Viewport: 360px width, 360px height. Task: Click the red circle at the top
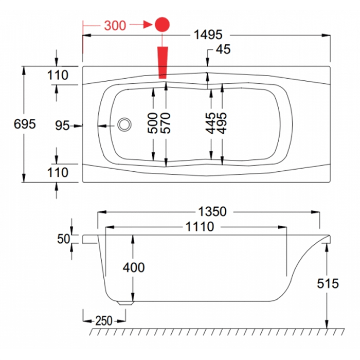pos(163,24)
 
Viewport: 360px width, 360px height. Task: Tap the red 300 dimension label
pos(115,25)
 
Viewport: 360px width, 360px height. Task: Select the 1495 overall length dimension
pos(208,35)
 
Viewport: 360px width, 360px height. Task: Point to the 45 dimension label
pos(223,49)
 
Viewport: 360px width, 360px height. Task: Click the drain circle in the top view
pos(124,124)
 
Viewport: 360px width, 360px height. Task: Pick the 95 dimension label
pos(62,125)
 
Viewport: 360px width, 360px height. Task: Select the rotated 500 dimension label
pos(153,124)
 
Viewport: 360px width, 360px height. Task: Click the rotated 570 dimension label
pos(166,124)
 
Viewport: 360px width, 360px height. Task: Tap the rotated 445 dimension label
pos(211,124)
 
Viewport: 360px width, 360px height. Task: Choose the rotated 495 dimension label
pos(222,124)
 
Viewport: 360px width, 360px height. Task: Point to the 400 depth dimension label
pos(134,267)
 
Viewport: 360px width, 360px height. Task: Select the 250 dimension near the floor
pos(103,320)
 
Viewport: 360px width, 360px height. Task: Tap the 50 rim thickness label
pos(63,239)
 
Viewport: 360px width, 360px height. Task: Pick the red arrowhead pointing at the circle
pos(147,25)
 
